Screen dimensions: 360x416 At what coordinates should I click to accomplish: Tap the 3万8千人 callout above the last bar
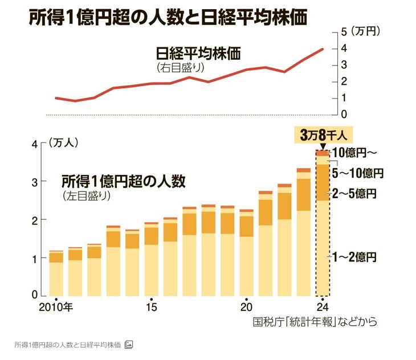point(323,136)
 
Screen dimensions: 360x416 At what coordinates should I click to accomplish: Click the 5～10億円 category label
point(358,173)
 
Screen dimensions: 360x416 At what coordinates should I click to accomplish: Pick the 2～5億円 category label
point(356,194)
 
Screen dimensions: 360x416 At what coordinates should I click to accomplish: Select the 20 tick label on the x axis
point(246,306)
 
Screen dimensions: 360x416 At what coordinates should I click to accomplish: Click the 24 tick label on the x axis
point(323,306)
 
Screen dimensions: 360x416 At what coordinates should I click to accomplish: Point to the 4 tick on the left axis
point(34,144)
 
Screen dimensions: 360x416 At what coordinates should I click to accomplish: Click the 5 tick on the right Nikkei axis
point(344,31)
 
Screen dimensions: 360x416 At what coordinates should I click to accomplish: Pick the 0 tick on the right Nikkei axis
point(344,114)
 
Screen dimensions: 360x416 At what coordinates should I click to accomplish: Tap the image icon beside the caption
point(129,345)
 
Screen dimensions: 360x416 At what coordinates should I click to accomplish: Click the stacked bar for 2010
point(56,273)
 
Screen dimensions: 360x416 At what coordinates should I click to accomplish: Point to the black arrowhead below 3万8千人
point(323,148)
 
